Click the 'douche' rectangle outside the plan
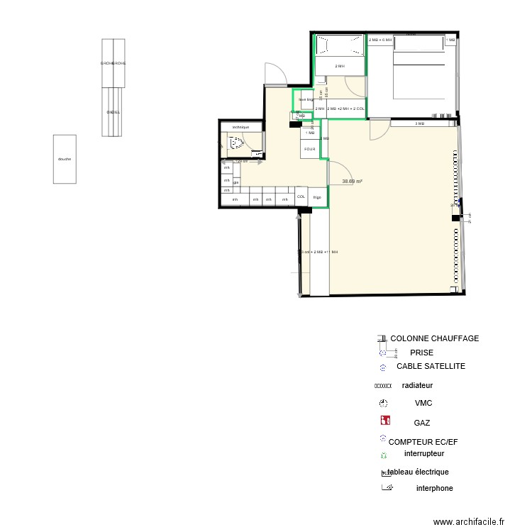pyautogui.click(x=65, y=160)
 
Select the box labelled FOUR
pyautogui.click(x=310, y=150)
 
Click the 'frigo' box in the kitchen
pyautogui.click(x=317, y=197)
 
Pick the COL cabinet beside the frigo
pyautogui.click(x=301, y=196)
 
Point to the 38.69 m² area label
pyautogui.click(x=353, y=182)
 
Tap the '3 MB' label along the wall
pyautogui.click(x=419, y=124)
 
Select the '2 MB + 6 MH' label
pyautogui.click(x=380, y=40)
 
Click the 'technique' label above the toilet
pyautogui.click(x=240, y=127)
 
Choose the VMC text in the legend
pyautogui.click(x=423, y=403)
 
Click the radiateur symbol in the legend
pyautogui.click(x=383, y=387)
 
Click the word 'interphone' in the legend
pyautogui.click(x=434, y=488)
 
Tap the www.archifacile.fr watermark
pyautogui.click(x=468, y=521)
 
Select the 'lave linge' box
pyautogui.click(x=305, y=100)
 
